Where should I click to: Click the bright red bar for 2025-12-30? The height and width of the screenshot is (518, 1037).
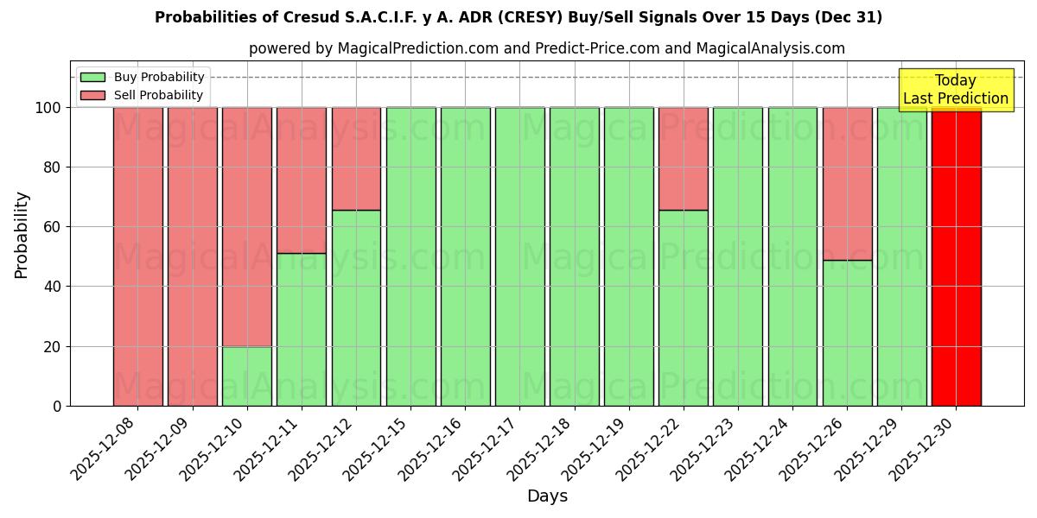pos(956,256)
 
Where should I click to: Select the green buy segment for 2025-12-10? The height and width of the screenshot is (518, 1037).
pos(247,376)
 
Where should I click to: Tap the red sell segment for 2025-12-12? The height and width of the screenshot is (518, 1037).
pos(356,159)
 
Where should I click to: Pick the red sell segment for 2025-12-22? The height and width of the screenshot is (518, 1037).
pos(684,159)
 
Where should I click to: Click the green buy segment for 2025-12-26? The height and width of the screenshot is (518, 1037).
pos(847,332)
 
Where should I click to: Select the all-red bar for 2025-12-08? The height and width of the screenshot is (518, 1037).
pos(138,256)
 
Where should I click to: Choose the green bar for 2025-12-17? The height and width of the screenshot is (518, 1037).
pos(519,256)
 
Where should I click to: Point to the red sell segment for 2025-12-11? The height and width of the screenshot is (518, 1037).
pos(302,180)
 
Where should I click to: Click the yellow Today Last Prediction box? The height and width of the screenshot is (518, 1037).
pos(955,90)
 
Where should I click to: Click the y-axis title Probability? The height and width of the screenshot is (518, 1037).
pos(22,234)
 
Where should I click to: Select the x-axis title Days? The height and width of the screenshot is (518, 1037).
pos(547,496)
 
